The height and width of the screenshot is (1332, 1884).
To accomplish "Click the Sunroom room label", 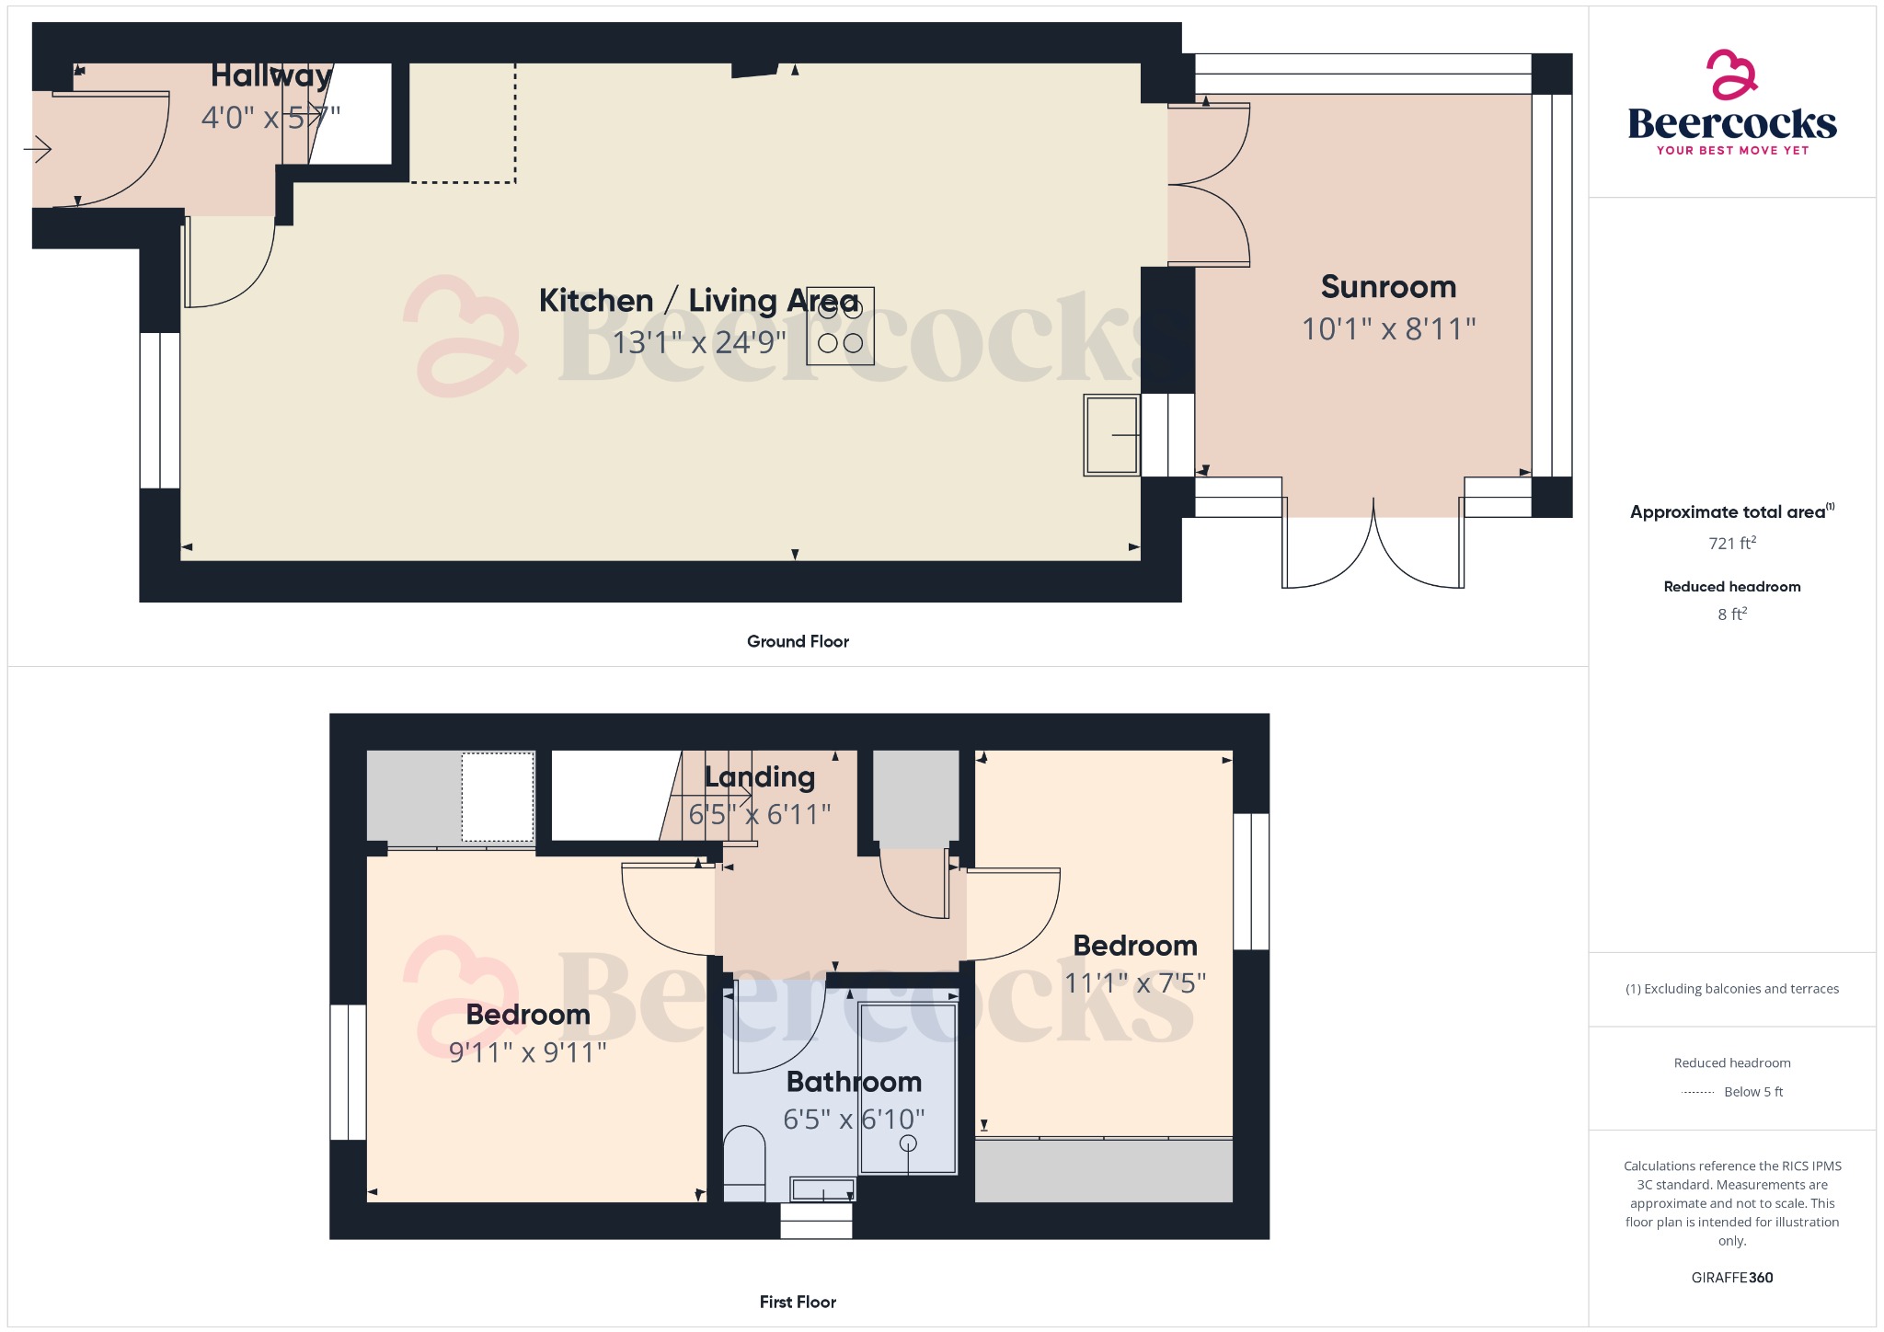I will [x=1388, y=287].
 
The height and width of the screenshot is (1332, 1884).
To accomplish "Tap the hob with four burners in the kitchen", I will [x=840, y=327].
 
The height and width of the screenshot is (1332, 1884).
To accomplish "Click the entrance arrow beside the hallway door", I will [x=38, y=149].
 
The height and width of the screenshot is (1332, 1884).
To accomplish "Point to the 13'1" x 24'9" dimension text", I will [x=699, y=342].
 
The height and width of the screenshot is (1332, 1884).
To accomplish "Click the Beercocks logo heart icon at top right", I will [x=1731, y=75].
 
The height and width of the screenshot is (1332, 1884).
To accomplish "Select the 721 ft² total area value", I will [x=1731, y=544].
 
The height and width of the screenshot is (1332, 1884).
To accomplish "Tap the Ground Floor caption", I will [x=798, y=641].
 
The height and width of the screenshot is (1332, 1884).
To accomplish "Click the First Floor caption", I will [x=798, y=1302].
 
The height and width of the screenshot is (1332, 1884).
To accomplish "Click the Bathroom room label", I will [x=854, y=1082].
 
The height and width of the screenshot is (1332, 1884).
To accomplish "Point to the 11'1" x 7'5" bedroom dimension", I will [x=1134, y=983].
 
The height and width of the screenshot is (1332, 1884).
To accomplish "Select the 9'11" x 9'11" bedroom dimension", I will [x=527, y=1052].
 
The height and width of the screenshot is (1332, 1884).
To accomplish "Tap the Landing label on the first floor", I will [x=760, y=777].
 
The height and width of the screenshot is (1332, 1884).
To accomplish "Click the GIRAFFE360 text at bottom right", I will [x=1731, y=1278].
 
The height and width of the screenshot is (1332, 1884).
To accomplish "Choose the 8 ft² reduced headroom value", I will [x=1731, y=614].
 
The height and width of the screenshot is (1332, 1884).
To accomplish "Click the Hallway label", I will [x=271, y=75].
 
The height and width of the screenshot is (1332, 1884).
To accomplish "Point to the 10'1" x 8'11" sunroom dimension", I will [x=1388, y=329].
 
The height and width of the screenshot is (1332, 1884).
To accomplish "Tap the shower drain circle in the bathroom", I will [x=908, y=1143].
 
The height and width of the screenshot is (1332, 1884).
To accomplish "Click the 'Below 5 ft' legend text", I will [x=1752, y=1092].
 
